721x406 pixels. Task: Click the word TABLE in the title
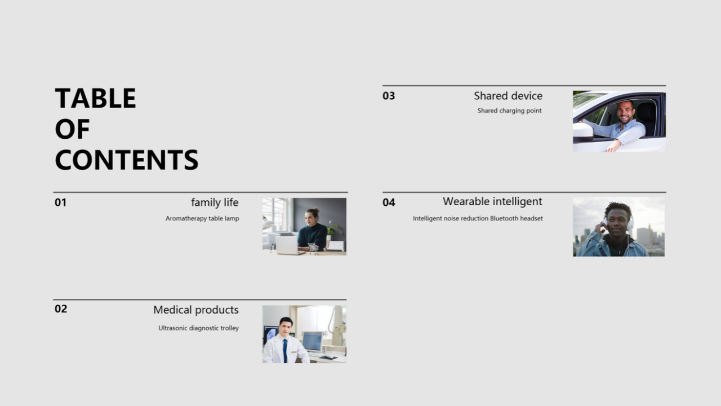[95, 98]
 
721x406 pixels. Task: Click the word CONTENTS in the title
[127, 160]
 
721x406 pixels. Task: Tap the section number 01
[60, 202]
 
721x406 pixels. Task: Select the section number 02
[61, 308]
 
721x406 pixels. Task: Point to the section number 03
[389, 96]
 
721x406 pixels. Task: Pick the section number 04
[389, 202]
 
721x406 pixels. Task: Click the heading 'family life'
[215, 202]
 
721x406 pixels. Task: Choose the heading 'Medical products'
[195, 310]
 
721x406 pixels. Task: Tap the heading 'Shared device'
[508, 96]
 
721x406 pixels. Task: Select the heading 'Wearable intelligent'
[492, 202]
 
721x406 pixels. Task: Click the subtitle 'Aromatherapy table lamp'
[202, 218]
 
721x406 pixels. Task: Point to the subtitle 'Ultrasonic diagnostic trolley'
[199, 328]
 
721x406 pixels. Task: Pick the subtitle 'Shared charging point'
[509, 111]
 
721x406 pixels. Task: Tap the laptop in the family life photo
[287, 245]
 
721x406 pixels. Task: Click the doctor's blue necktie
[285, 351]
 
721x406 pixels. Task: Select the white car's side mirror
[583, 132]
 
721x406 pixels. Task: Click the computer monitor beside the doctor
[312, 342]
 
